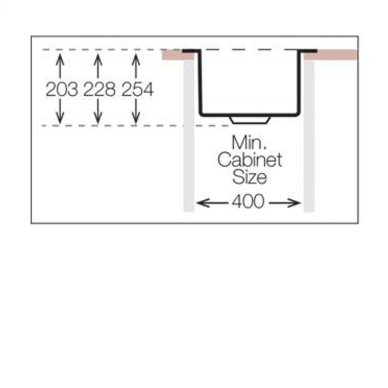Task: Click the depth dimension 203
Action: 62,89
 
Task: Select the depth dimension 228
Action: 99,89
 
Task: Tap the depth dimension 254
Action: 137,89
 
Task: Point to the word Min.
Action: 249,143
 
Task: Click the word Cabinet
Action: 250,160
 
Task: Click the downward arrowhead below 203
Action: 60,118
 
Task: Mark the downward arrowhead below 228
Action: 98,118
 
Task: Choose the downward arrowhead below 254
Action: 136,118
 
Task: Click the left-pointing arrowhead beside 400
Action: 202,203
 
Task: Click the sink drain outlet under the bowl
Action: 250,120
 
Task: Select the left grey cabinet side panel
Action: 189,136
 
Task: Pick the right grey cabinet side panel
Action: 309,136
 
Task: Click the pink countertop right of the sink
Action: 331,55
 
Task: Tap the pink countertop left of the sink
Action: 178,55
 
